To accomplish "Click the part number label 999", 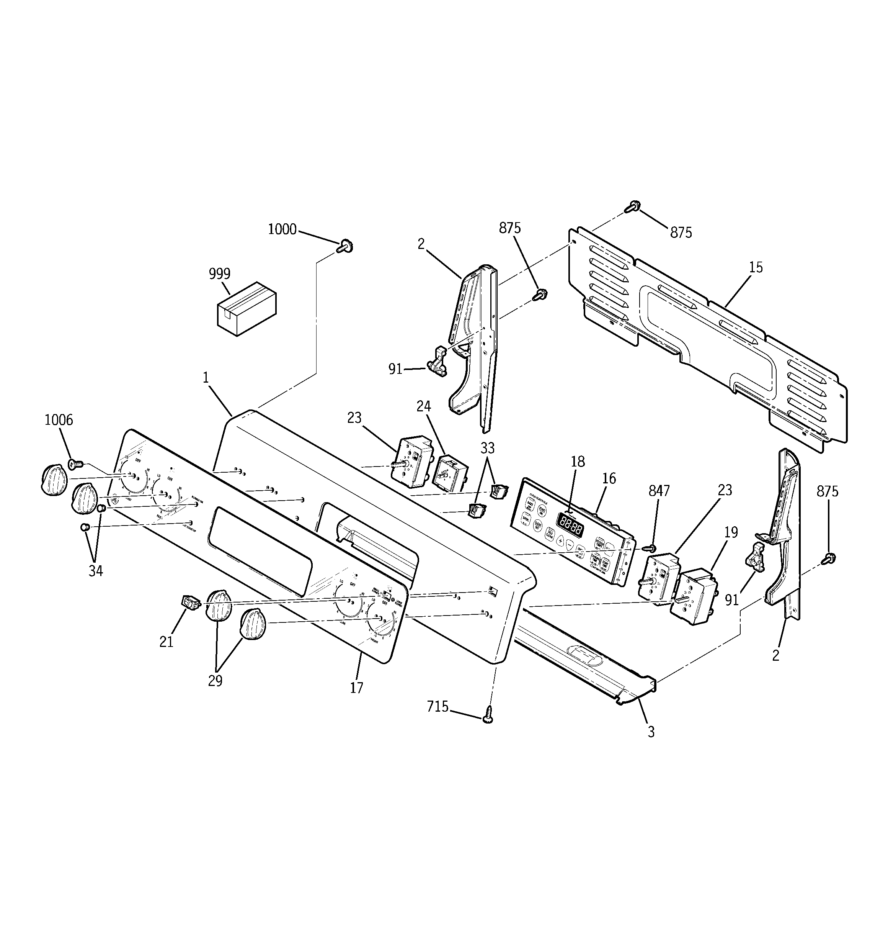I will click(219, 274).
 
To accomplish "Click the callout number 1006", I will click(59, 420).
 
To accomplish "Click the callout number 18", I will click(577, 461).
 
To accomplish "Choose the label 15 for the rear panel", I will click(756, 267).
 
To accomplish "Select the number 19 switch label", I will click(731, 532).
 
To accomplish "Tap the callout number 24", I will click(423, 406).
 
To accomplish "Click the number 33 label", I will click(487, 448).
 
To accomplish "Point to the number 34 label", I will click(95, 571).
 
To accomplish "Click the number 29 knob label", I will click(215, 681).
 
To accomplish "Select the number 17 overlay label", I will click(356, 688).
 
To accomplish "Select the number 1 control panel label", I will click(206, 378).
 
